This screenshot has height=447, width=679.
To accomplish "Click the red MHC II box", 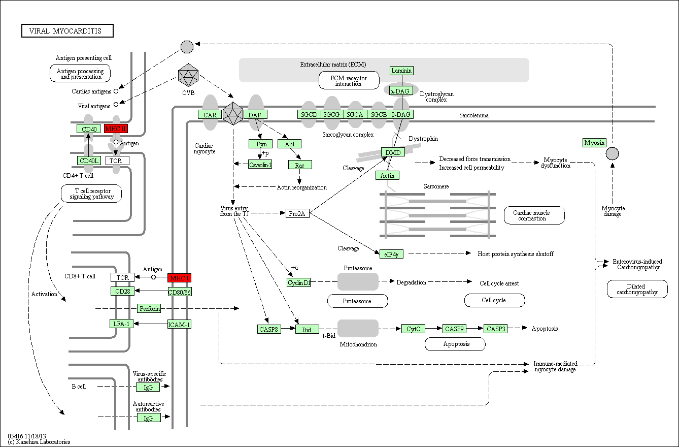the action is [x=116, y=129].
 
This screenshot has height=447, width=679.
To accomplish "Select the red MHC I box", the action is [x=180, y=278].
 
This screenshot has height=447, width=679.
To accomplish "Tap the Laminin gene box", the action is [x=401, y=71].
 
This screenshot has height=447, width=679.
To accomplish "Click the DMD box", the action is [x=393, y=152].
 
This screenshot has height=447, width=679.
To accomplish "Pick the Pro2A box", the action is [x=297, y=213].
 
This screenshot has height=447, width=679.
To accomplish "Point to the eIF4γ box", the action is [x=392, y=254].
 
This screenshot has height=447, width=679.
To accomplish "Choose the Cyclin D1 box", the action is [x=299, y=282].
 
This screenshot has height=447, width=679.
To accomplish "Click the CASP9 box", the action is [x=454, y=329].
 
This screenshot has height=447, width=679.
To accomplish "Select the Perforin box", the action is [x=149, y=308].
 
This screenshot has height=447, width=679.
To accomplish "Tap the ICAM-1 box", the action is [x=180, y=325].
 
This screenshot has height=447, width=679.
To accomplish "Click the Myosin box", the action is [x=594, y=143].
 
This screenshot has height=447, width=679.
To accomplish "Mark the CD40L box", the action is [x=89, y=161].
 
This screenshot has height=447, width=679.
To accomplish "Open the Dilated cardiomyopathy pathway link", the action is [x=637, y=289].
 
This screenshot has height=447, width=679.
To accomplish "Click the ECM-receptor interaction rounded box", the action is [x=349, y=80].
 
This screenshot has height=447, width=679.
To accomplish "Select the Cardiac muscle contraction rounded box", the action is [x=534, y=215].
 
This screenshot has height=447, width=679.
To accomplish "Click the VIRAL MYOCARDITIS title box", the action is [x=67, y=30].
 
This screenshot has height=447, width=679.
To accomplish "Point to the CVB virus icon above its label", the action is [x=188, y=75].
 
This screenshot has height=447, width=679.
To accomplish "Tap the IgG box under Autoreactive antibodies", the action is [x=148, y=418].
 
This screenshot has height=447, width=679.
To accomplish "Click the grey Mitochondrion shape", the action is [x=358, y=328].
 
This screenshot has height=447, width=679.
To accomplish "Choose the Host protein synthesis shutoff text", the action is [x=516, y=253].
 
